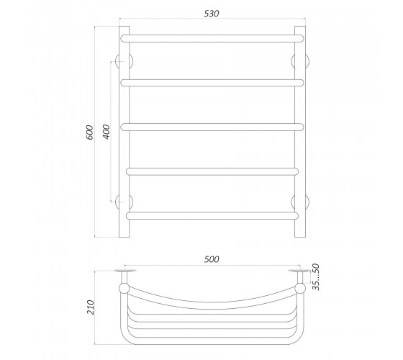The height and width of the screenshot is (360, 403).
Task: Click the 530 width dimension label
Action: point(212,14)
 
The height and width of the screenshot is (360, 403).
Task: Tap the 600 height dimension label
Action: point(89,132)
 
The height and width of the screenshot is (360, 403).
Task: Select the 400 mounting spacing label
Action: point(107,132)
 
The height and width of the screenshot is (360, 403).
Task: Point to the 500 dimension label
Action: point(212,259)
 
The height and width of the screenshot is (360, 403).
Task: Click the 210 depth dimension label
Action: point(91,307)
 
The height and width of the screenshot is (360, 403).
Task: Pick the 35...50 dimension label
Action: point(316,277)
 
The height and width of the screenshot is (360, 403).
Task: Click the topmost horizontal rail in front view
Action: point(212,39)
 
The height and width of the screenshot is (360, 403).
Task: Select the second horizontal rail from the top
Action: point(212,83)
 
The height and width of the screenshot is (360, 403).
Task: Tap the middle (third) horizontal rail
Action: point(212,127)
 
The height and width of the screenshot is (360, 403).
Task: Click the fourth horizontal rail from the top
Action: point(212,171)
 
